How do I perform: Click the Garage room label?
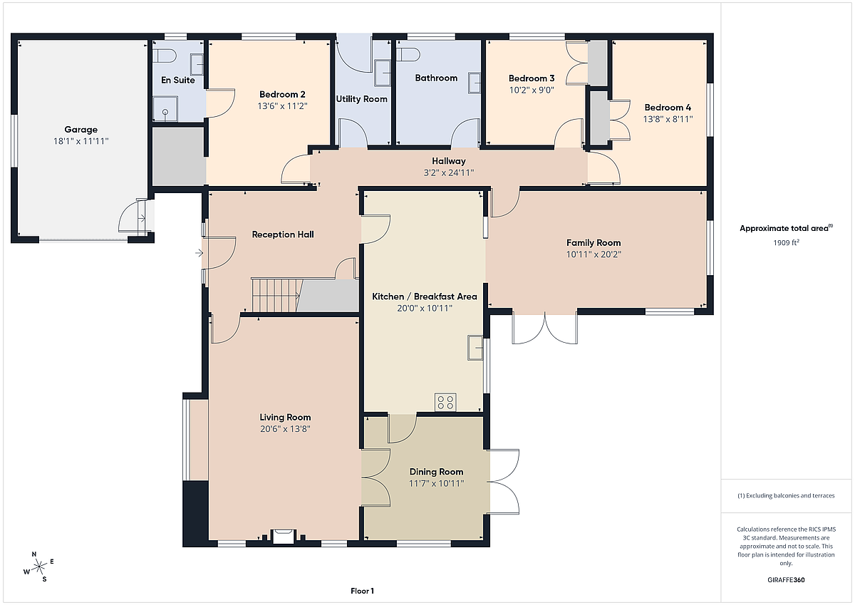81,130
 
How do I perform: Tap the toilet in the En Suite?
165,56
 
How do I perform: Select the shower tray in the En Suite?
165,109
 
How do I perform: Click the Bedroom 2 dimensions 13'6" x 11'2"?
282,105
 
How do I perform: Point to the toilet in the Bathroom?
408,55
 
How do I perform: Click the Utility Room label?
361,99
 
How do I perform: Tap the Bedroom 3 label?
532,78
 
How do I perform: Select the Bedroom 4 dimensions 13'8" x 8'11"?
668,119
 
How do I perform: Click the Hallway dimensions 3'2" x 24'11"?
448,173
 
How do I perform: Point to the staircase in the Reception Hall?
276,295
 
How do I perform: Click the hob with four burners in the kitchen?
445,402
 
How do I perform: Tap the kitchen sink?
475,347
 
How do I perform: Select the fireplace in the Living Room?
283,536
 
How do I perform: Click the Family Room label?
593,243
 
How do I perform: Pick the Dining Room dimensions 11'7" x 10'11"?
436,484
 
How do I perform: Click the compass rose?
39,567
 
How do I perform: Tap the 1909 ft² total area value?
786,242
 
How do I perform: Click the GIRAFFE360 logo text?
786,580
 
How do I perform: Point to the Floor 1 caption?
362,591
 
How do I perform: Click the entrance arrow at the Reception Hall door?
199,253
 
